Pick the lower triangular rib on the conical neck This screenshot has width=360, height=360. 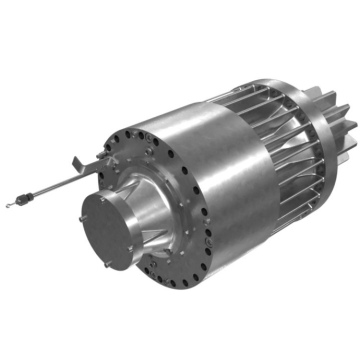[155, 247]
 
